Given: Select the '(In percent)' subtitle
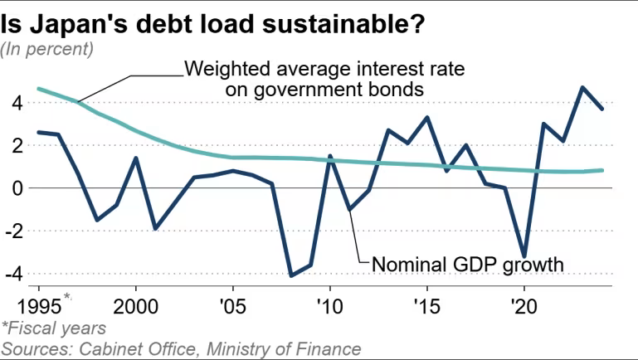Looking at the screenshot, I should pyautogui.click(x=47, y=49).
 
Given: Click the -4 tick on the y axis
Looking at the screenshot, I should pyautogui.click(x=14, y=273).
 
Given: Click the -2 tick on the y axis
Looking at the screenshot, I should pyautogui.click(x=14, y=231).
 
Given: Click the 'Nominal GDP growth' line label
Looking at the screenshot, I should pyautogui.click(x=468, y=265).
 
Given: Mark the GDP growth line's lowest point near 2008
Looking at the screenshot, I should pyautogui.click(x=291, y=275).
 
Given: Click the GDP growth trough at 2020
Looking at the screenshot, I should pyautogui.click(x=524, y=256).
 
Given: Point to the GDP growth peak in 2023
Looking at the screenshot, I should pyautogui.click(x=583, y=87).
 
